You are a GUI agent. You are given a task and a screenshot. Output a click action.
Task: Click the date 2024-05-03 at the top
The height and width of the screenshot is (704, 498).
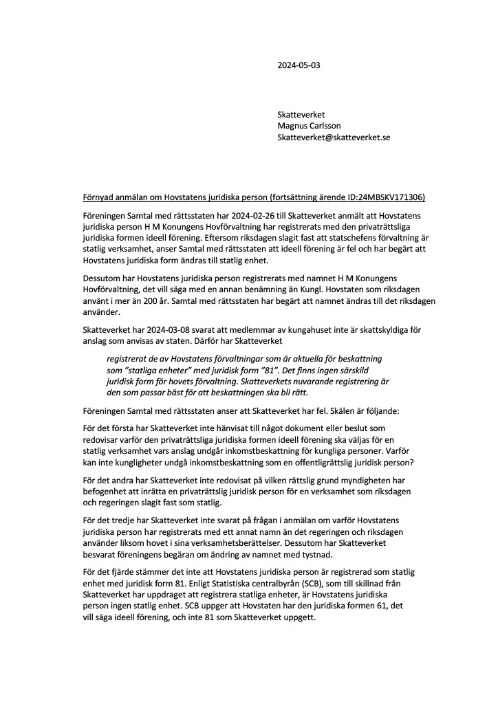[299, 66]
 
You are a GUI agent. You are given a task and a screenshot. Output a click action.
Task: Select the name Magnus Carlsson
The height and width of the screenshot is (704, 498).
[309, 126]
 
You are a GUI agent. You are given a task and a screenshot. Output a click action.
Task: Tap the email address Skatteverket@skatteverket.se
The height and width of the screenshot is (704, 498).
[334, 137]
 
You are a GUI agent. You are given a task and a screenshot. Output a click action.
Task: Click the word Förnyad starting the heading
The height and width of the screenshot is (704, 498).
[98, 198]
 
